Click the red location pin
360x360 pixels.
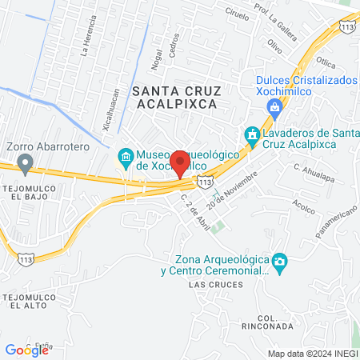click(x=181, y=163)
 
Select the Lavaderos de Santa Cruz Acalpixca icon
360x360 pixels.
click(x=251, y=136)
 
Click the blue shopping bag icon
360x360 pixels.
click(x=274, y=107)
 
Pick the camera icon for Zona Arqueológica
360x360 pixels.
click(x=279, y=262)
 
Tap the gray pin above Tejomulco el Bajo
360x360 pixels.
click(x=25, y=166)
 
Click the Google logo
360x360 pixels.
click(x=26, y=350)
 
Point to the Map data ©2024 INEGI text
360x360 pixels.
click(x=312, y=353)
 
